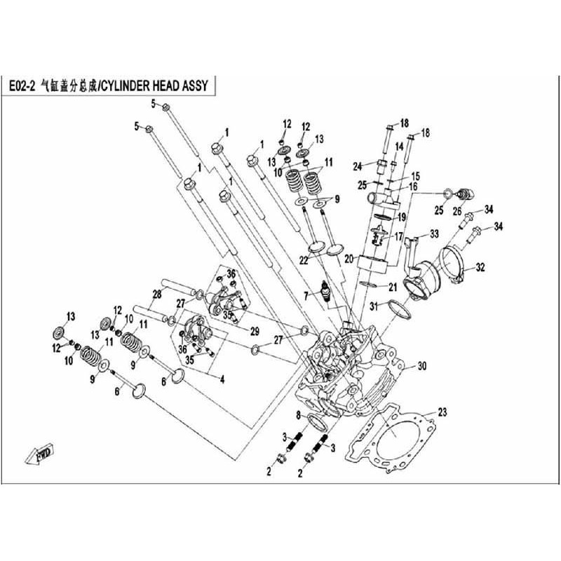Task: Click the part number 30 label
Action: click(421, 366)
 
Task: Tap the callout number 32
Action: click(480, 267)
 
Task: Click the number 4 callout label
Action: click(222, 379)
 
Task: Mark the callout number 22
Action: click(304, 260)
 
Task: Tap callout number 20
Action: click(349, 259)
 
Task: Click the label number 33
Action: click(434, 233)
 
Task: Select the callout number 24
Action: click(357, 166)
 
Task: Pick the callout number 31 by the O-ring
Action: click(374, 305)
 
